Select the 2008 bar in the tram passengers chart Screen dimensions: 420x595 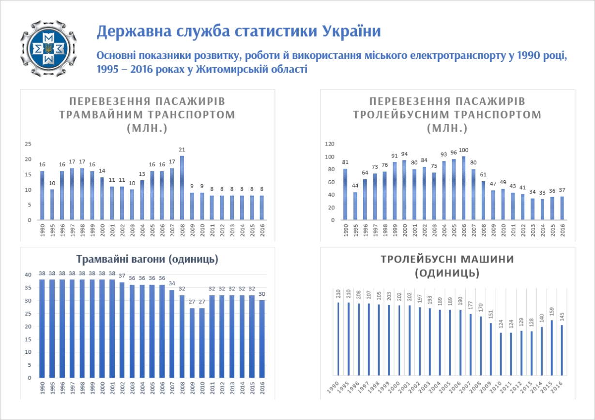pos(182,188)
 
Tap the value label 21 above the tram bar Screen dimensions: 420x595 pos(182,150)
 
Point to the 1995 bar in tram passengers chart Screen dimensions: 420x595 pos(52,204)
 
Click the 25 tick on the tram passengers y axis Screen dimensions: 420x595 pos(28,144)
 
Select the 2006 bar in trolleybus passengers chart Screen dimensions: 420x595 pos(464,188)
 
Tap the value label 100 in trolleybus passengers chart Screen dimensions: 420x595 pos(464,150)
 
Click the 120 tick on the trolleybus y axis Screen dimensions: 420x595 pos(330,144)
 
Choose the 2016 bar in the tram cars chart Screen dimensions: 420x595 pos(262,339)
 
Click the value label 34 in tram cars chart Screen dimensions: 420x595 pos(172,284)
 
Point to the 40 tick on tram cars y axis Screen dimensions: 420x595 pos(29,275)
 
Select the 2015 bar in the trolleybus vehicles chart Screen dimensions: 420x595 pos(552,348)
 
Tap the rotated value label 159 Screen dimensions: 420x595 pos(552,310)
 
